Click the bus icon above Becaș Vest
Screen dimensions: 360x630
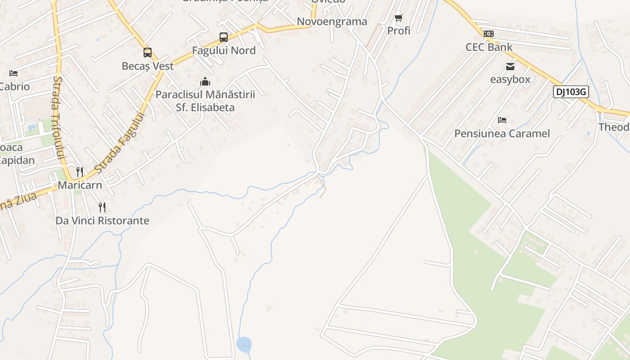click(148, 53)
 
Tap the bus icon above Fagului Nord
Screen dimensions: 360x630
click(224, 37)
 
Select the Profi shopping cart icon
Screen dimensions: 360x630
click(398, 18)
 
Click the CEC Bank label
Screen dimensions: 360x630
click(489, 47)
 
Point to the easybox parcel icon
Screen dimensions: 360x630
click(510, 67)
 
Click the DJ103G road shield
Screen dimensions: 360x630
click(571, 92)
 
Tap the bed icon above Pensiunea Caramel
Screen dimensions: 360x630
click(502, 120)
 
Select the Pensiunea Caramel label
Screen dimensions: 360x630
click(502, 134)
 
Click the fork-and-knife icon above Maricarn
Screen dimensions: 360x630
click(80, 171)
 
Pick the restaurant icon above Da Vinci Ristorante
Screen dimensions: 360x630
click(102, 207)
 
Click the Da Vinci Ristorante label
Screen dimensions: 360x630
click(102, 220)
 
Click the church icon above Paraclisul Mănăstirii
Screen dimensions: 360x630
click(205, 81)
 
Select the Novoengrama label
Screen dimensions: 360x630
click(332, 22)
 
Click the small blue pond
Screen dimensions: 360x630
click(244, 345)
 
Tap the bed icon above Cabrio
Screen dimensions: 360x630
click(13, 73)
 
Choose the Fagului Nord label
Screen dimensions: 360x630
click(224, 50)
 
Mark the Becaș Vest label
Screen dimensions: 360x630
click(148, 66)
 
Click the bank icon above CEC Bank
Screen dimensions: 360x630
click(489, 34)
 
